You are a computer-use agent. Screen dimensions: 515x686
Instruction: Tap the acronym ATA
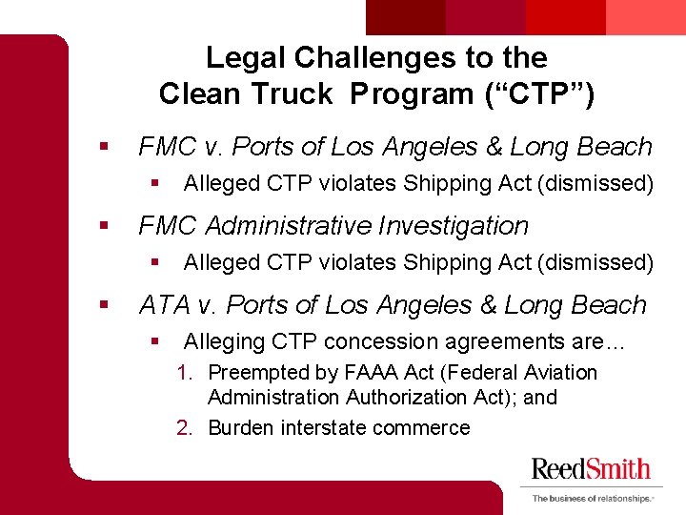click(x=165, y=305)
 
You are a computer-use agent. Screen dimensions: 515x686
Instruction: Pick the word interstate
click(x=322, y=427)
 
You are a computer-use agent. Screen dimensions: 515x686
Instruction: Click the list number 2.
click(x=186, y=427)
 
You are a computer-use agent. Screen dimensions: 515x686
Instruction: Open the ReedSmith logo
click(x=591, y=469)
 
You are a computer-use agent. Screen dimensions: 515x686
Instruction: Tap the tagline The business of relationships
click(x=591, y=498)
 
